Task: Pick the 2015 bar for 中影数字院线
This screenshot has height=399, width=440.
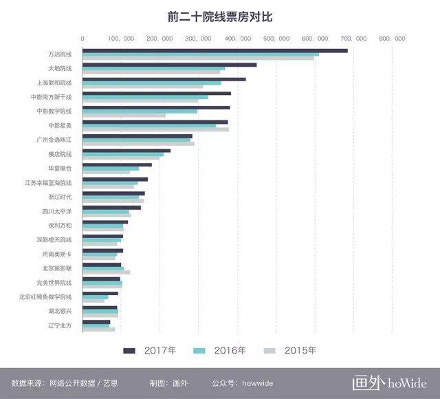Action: click(x=124, y=116)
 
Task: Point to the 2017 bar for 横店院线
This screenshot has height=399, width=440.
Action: click(x=126, y=151)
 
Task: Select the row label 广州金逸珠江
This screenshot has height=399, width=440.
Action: click(x=54, y=140)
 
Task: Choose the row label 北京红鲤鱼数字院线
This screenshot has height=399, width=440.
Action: click(x=45, y=296)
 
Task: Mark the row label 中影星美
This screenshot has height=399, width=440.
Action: click(x=60, y=125)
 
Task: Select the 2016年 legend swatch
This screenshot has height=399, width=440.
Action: click(x=200, y=351)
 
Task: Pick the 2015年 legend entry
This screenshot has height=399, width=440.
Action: click(x=300, y=351)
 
